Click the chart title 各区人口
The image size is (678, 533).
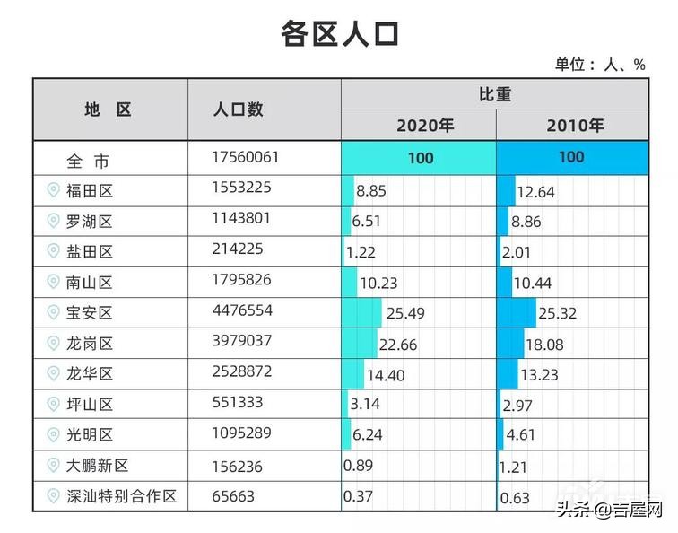339,33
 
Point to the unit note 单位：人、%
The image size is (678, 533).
600,65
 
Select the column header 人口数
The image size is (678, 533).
238,109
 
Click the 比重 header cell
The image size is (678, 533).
494,94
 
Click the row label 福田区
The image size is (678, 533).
90,190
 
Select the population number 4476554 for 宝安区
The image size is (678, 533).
241,311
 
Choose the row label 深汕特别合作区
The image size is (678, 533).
122,496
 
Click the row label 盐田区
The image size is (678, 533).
90,251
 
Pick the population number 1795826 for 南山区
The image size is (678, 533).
241,280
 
